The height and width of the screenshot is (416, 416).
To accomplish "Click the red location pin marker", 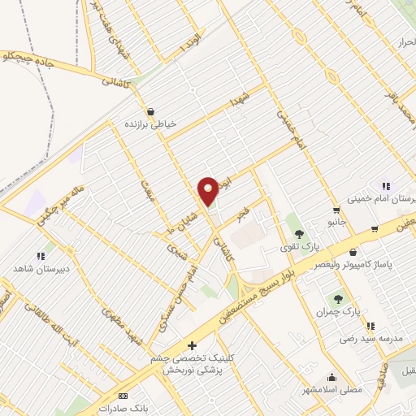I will click(208, 191).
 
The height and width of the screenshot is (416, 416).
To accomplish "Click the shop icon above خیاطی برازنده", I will click(150, 111).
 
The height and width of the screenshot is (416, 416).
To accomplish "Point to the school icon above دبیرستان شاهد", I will click(40, 255).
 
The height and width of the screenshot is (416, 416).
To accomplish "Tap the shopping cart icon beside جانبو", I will click(336, 209).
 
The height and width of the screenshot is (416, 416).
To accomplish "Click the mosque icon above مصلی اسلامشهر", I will click(331, 377).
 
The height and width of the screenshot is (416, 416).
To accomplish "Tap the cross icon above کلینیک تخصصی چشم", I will click(192, 345).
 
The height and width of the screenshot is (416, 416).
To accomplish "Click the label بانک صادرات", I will click(122, 408).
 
